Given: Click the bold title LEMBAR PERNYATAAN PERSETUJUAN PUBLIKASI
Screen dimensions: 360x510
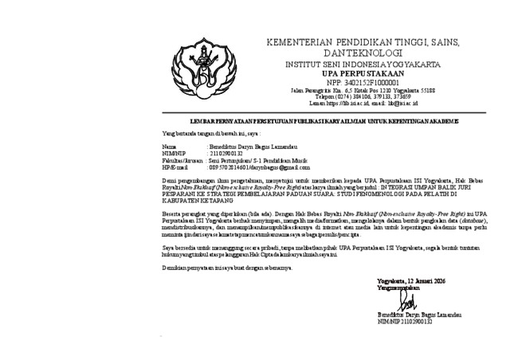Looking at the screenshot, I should click(x=311, y=121).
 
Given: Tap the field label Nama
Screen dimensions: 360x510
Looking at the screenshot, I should click(x=169, y=147).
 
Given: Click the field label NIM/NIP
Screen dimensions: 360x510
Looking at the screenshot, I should click(x=174, y=154).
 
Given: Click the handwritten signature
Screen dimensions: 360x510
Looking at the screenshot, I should click(x=407, y=303).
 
